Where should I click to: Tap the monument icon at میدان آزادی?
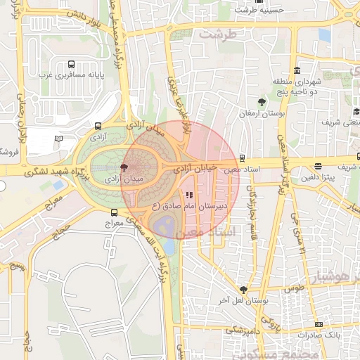124,167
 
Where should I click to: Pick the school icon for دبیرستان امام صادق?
188,195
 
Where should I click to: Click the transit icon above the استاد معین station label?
243,158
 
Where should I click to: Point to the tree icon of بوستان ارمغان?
262,102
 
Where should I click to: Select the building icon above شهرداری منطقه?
297,71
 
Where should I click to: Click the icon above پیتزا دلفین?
319,167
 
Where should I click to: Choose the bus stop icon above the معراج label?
114,212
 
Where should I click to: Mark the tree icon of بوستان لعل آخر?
243,289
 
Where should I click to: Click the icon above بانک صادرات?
319,324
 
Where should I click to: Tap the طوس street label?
294,289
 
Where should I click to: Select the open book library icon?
58,139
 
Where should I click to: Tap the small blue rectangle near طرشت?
324,34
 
